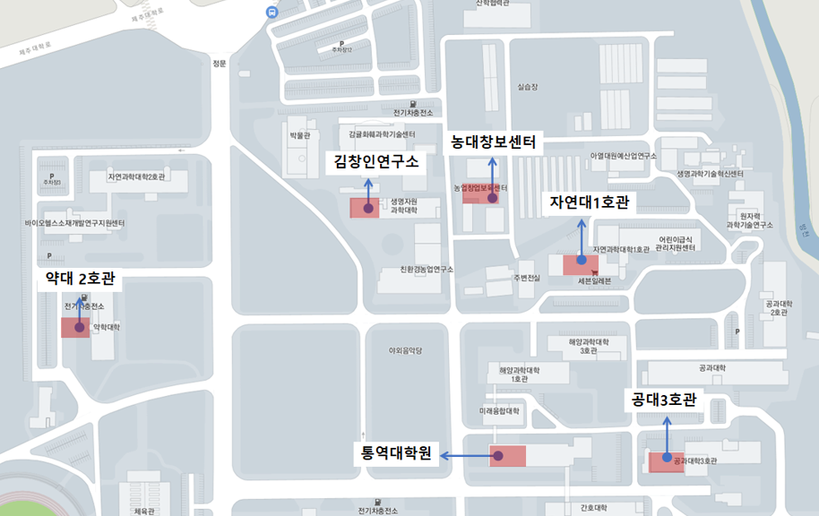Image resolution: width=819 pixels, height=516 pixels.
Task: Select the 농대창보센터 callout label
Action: [493, 142]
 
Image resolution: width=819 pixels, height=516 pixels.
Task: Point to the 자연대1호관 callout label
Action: [589, 203]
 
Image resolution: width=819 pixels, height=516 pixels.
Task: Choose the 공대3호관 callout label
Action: [664, 400]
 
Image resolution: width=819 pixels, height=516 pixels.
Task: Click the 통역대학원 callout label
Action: [395, 455]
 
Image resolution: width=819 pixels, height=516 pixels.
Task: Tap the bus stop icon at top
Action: [272, 12]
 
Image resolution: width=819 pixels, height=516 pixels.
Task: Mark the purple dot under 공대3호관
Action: [668, 458]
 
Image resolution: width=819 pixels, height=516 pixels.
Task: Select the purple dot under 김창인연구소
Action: [367, 208]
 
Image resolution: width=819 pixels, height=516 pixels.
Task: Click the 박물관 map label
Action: [298, 136]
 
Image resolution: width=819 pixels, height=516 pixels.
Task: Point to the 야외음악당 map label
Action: [405, 351]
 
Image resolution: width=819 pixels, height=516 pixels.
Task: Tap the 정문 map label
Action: [220, 64]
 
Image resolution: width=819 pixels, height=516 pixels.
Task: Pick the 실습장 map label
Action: [530, 88]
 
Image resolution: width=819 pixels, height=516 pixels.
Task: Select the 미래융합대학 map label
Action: [500, 412]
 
